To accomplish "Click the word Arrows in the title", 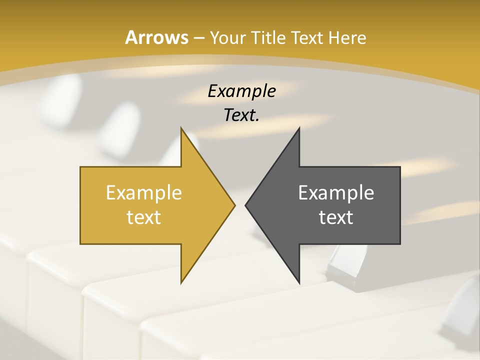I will click(x=156, y=38).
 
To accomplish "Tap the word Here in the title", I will click(x=348, y=38).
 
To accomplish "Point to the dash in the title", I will click(x=198, y=38).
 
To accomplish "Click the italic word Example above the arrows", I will click(x=241, y=91).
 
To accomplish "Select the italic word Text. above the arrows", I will click(x=240, y=115).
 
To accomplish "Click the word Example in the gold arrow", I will click(x=144, y=193).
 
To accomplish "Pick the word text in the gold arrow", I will click(x=144, y=217).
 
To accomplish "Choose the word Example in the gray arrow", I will click(x=336, y=193).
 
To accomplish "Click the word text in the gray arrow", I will click(x=336, y=217).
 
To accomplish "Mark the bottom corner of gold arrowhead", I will click(x=181, y=281).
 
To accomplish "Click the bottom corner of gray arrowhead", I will click(x=299, y=281).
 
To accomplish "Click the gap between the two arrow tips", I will click(x=240, y=205).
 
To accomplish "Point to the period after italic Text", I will click(x=257, y=120).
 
